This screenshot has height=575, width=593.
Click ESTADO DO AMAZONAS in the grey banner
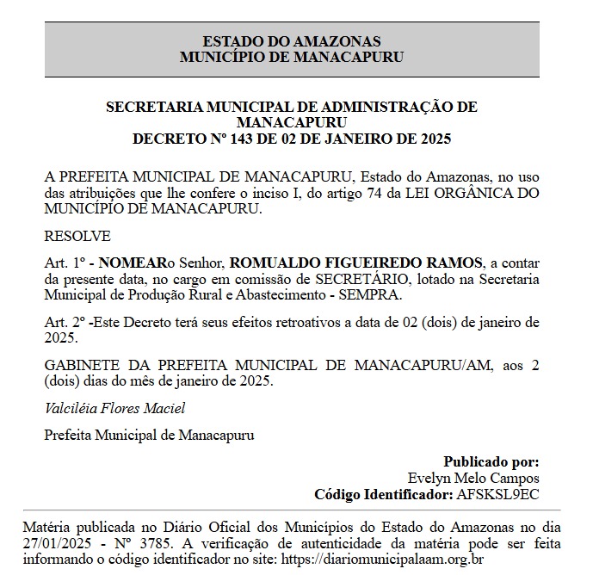coord(292,41)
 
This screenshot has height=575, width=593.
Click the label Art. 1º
coord(64,262)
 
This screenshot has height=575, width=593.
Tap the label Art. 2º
coord(64,323)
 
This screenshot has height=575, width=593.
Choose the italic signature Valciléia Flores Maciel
coord(114,408)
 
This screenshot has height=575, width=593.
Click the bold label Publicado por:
coord(491,461)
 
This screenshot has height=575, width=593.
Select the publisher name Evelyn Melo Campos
coord(473,478)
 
